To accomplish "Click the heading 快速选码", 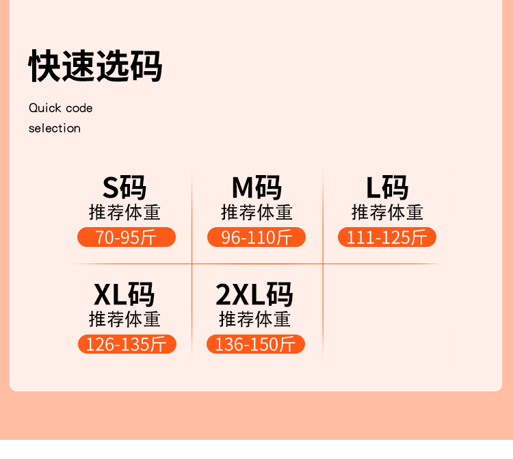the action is [x=95, y=66].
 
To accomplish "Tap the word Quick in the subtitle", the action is [x=44, y=108].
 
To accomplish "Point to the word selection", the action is [x=55, y=128].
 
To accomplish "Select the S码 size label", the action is [x=124, y=187].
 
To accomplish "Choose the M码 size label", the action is [x=256, y=187].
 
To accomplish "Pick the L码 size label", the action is [x=387, y=187].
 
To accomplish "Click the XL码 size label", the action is [x=124, y=294].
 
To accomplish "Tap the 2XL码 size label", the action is [x=254, y=294].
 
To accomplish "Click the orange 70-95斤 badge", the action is [x=127, y=237].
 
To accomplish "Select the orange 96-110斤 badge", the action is [x=256, y=237].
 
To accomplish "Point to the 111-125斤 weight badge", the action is [x=387, y=237].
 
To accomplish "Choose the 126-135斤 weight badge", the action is [x=127, y=344].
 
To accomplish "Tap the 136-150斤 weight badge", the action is [x=255, y=344].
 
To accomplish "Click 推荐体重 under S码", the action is [x=124, y=212].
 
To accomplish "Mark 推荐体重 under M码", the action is [x=256, y=212].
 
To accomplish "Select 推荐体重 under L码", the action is [x=387, y=212].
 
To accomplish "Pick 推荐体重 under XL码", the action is [x=124, y=319].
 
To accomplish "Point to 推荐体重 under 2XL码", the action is [x=254, y=319].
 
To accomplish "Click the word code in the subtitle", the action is [x=79, y=108].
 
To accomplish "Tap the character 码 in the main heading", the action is [x=146, y=66].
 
